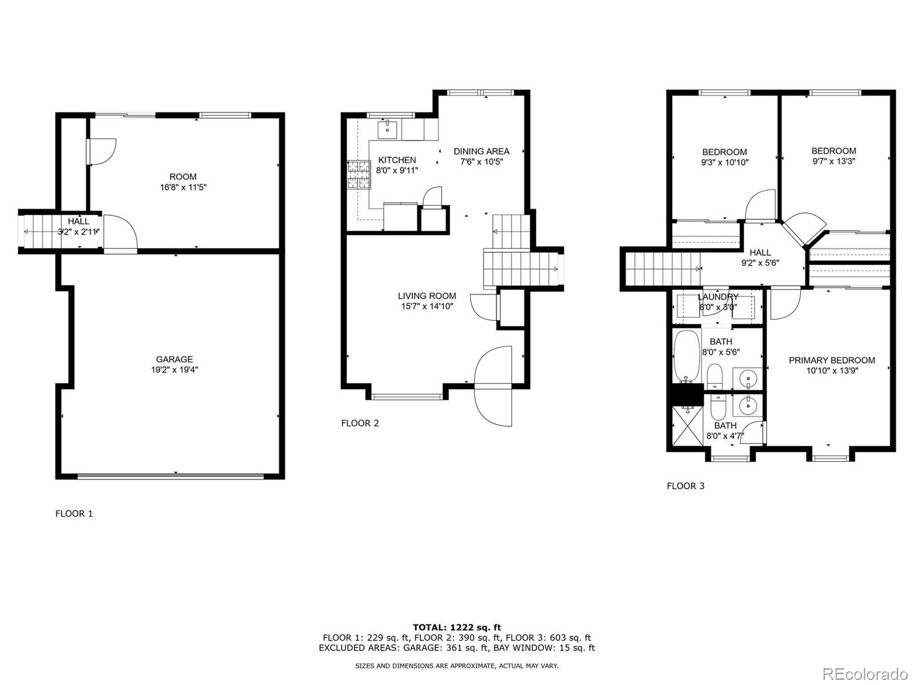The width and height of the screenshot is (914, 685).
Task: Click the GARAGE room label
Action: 174,359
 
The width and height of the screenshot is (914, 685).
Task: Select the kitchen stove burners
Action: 359,175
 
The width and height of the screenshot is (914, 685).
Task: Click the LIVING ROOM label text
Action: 427,296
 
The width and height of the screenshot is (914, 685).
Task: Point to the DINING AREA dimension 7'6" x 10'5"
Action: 481,162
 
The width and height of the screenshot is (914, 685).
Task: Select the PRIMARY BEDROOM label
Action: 832,360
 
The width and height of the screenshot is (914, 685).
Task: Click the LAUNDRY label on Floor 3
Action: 717,297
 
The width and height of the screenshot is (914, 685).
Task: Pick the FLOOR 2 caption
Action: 360,423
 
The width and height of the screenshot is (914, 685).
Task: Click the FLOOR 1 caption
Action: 74,513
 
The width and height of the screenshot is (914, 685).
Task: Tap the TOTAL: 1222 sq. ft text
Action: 457,627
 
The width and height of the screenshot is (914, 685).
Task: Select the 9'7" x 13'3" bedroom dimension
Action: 833,161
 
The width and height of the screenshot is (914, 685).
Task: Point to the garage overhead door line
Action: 171,476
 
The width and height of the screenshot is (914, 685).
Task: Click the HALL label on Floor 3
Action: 760,252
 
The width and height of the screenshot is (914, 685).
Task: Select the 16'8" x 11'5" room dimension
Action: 183,187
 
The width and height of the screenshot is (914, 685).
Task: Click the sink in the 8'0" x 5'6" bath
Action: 748,377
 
